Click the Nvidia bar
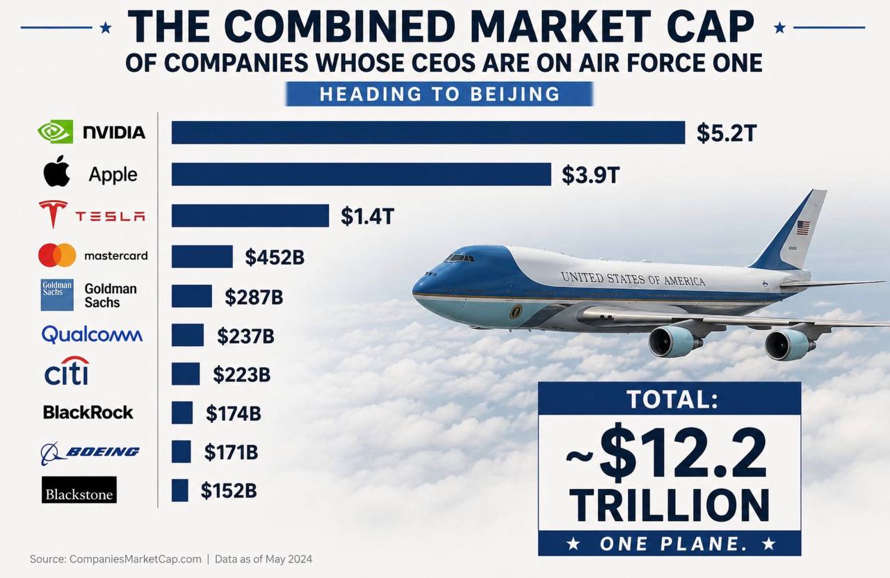click(x=428, y=133)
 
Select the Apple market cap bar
click(x=361, y=174)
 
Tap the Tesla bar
click(x=250, y=215)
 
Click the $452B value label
click(x=275, y=257)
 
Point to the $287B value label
click(x=254, y=297)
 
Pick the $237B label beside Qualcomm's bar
click(x=245, y=336)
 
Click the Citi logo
click(x=67, y=371)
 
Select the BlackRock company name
click(x=88, y=413)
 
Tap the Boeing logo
click(x=90, y=453)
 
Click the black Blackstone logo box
click(x=79, y=490)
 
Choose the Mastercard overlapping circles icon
click(x=57, y=255)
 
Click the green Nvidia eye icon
click(x=55, y=131)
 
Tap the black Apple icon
click(x=57, y=171)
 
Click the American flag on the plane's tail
click(x=803, y=228)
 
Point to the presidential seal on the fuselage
click(x=516, y=311)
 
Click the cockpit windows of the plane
click(x=460, y=258)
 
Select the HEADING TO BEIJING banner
click(x=439, y=94)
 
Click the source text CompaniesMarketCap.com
click(x=135, y=559)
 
